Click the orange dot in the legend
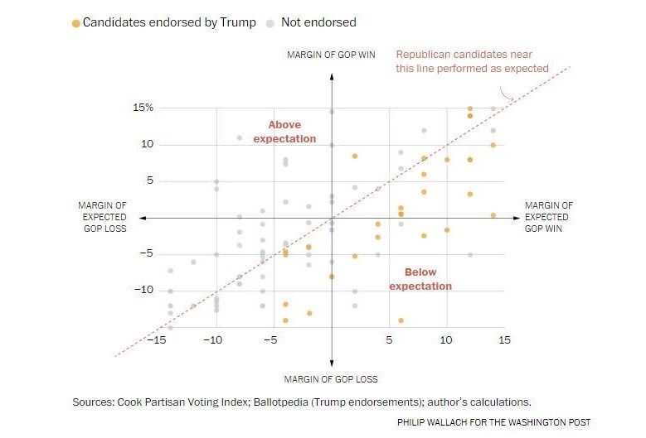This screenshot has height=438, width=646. coord(76,23)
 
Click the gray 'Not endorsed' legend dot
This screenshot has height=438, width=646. coord(270,23)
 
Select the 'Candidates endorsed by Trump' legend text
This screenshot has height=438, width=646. coord(169,22)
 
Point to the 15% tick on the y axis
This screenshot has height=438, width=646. coord(143,108)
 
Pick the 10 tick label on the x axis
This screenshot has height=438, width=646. coord(446,339)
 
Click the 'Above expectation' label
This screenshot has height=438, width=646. coord(285,132)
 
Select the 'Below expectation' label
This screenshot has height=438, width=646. coord(420,279)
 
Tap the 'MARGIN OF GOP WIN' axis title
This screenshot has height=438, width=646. coord(331,55)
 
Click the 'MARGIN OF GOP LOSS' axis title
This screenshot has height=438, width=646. coord(331,379)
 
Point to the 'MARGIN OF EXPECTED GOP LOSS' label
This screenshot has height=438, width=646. coord(102,217)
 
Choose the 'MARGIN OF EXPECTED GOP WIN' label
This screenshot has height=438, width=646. coord(548,217)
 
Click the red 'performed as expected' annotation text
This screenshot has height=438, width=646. coord(472,61)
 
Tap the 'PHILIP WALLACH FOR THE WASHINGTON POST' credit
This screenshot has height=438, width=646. coord(494,422)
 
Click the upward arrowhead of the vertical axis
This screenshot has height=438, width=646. coord(332,76)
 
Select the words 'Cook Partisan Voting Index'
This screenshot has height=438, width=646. coord(185,402)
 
